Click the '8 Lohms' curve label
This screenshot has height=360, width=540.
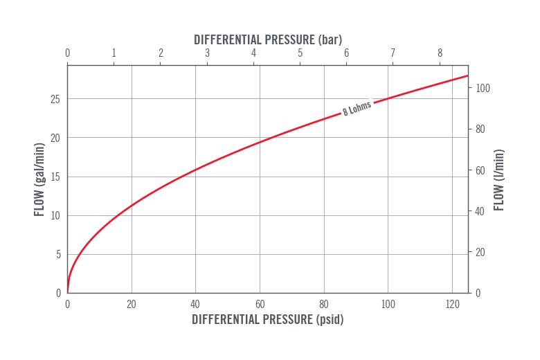pyautogui.click(x=357, y=109)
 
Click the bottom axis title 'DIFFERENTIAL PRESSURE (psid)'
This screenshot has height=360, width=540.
pyautogui.click(x=267, y=320)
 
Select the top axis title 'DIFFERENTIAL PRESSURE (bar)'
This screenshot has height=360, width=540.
pyautogui.click(x=267, y=39)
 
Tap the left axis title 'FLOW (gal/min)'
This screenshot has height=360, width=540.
pyautogui.click(x=39, y=179)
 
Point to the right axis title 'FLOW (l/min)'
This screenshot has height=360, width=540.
pyautogui.click(x=498, y=180)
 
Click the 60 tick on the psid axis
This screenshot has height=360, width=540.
pyautogui.click(x=260, y=304)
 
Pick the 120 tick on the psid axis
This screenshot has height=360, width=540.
pyautogui.click(x=452, y=304)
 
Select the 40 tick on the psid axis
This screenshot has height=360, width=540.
pyautogui.click(x=195, y=304)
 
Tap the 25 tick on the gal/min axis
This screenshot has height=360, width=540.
pyautogui.click(x=55, y=99)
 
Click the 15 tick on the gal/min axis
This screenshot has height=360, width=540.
pyautogui.click(x=55, y=177)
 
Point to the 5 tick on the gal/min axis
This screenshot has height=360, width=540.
pyautogui.click(x=58, y=254)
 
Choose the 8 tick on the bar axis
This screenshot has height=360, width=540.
pyautogui.click(x=440, y=53)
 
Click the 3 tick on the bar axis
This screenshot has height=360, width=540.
pyautogui.click(x=207, y=53)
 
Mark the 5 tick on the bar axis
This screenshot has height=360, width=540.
pyautogui.click(x=300, y=53)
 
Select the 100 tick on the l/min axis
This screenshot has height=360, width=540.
pyautogui.click(x=483, y=89)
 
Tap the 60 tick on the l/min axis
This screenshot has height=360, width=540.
pyautogui.click(x=480, y=170)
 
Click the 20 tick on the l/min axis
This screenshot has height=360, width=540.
pyautogui.click(x=480, y=252)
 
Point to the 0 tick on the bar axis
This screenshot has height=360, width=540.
pyautogui.click(x=67, y=53)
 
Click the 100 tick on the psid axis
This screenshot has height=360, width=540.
pyautogui.click(x=388, y=304)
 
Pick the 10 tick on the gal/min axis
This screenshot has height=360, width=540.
pyautogui.click(x=55, y=215)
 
